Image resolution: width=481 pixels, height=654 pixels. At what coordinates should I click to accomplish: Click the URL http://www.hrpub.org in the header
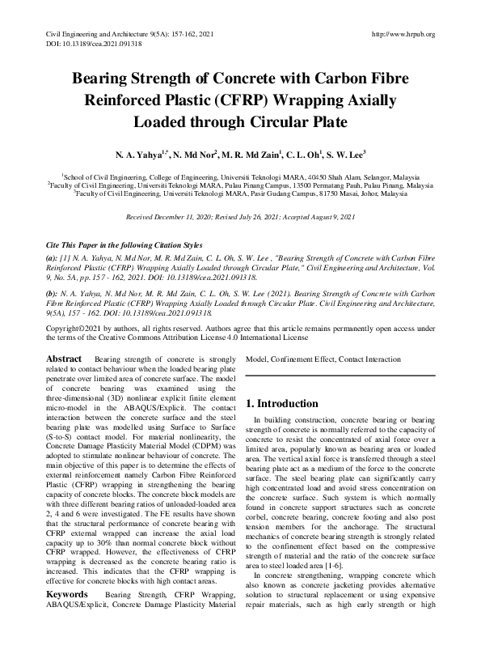[402, 34]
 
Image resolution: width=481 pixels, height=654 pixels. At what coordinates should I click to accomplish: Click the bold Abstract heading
[63, 358]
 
